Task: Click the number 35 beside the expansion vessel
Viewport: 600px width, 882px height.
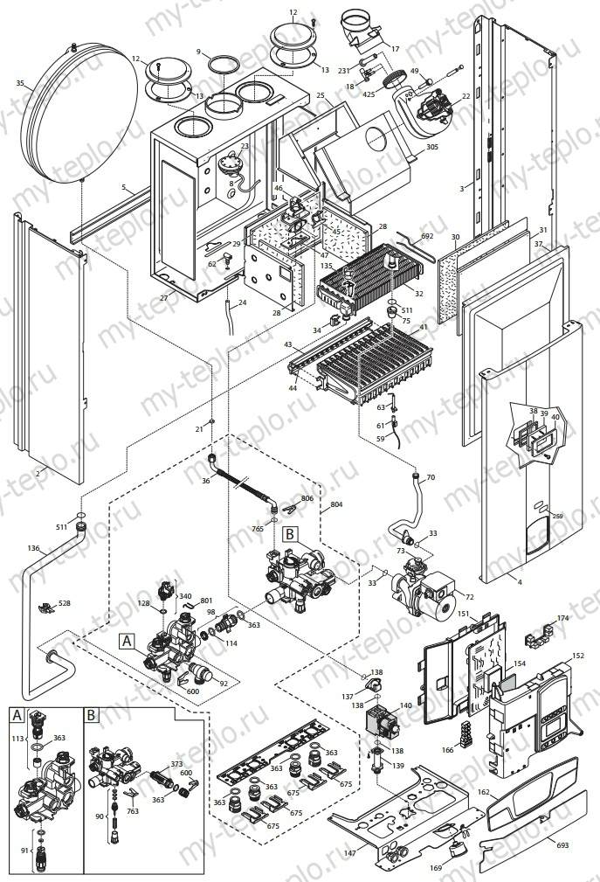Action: pyautogui.click(x=20, y=84)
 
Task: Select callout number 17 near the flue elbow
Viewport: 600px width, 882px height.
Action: pyautogui.click(x=395, y=50)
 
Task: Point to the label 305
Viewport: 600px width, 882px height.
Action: pyautogui.click(x=431, y=148)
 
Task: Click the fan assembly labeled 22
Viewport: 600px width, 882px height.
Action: pyautogui.click(x=434, y=111)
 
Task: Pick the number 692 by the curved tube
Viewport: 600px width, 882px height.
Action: pyautogui.click(x=427, y=236)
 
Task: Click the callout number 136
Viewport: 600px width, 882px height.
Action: pyautogui.click(x=33, y=548)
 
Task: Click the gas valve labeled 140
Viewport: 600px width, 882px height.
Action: pyautogui.click(x=382, y=722)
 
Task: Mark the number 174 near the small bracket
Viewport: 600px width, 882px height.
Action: pyautogui.click(x=562, y=618)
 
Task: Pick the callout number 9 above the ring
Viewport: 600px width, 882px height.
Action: pyautogui.click(x=198, y=52)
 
